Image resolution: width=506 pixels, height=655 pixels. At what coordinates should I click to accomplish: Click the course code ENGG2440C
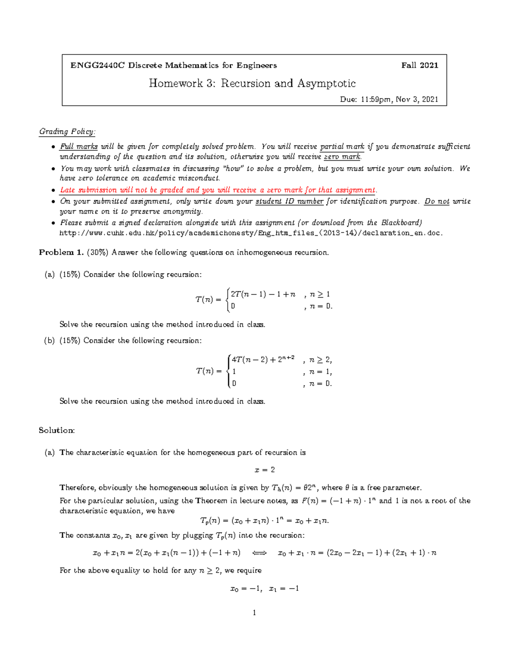[97, 65]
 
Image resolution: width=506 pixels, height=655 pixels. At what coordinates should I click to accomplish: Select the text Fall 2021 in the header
[420, 65]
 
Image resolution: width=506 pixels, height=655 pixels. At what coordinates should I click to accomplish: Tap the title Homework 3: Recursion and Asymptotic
[252, 84]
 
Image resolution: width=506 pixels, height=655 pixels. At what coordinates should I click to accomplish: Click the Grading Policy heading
[67, 132]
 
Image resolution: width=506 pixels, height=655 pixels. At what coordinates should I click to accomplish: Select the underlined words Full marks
[79, 147]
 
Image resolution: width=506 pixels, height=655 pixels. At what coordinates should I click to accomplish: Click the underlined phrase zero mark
[342, 157]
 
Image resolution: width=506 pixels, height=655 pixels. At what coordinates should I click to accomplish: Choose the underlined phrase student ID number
[289, 202]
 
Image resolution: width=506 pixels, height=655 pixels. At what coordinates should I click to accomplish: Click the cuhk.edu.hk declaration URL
[251, 233]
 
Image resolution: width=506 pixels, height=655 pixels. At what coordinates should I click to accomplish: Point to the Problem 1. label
[62, 253]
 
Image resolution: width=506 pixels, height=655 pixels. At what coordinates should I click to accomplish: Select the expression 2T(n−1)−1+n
[263, 294]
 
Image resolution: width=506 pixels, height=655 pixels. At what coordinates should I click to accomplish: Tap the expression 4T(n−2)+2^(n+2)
[263, 360]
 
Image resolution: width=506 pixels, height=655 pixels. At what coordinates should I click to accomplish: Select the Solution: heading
[57, 431]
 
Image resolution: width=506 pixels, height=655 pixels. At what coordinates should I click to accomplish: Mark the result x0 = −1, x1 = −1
[264, 589]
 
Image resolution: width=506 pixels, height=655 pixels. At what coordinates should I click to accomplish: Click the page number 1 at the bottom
[254, 613]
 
